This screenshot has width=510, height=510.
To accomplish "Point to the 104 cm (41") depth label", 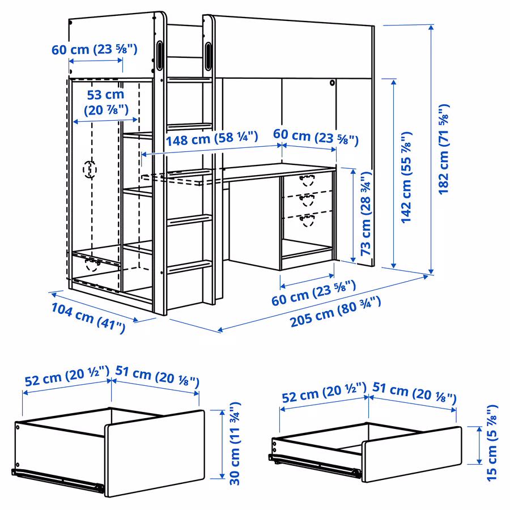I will click(x=88, y=317).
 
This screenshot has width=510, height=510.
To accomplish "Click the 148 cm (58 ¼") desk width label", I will click(x=212, y=138).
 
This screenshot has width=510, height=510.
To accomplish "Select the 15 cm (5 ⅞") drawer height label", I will click(x=492, y=444).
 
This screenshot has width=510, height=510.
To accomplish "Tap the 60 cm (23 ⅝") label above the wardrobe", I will click(x=95, y=49).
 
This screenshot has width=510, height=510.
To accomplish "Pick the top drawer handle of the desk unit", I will click(x=307, y=181).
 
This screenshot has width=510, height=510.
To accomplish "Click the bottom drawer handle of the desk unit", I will click(x=307, y=220).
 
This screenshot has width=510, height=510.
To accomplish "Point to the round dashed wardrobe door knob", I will click(x=90, y=169).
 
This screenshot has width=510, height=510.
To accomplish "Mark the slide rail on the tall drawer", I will click(x=57, y=478).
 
